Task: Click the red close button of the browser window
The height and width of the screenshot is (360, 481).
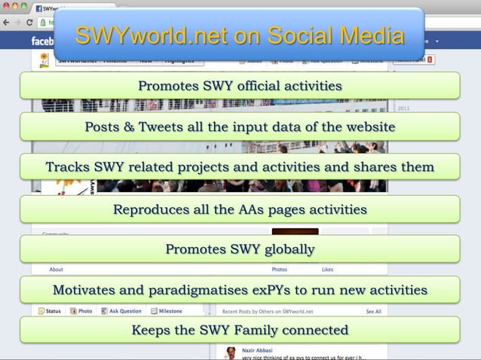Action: (6, 7)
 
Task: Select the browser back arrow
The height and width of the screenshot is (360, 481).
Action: (7, 23)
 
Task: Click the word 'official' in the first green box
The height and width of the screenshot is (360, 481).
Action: (253, 86)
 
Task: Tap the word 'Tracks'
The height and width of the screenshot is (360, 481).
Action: (68, 166)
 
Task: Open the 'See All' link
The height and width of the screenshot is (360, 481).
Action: (373, 311)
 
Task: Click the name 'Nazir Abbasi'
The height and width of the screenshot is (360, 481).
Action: (258, 350)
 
